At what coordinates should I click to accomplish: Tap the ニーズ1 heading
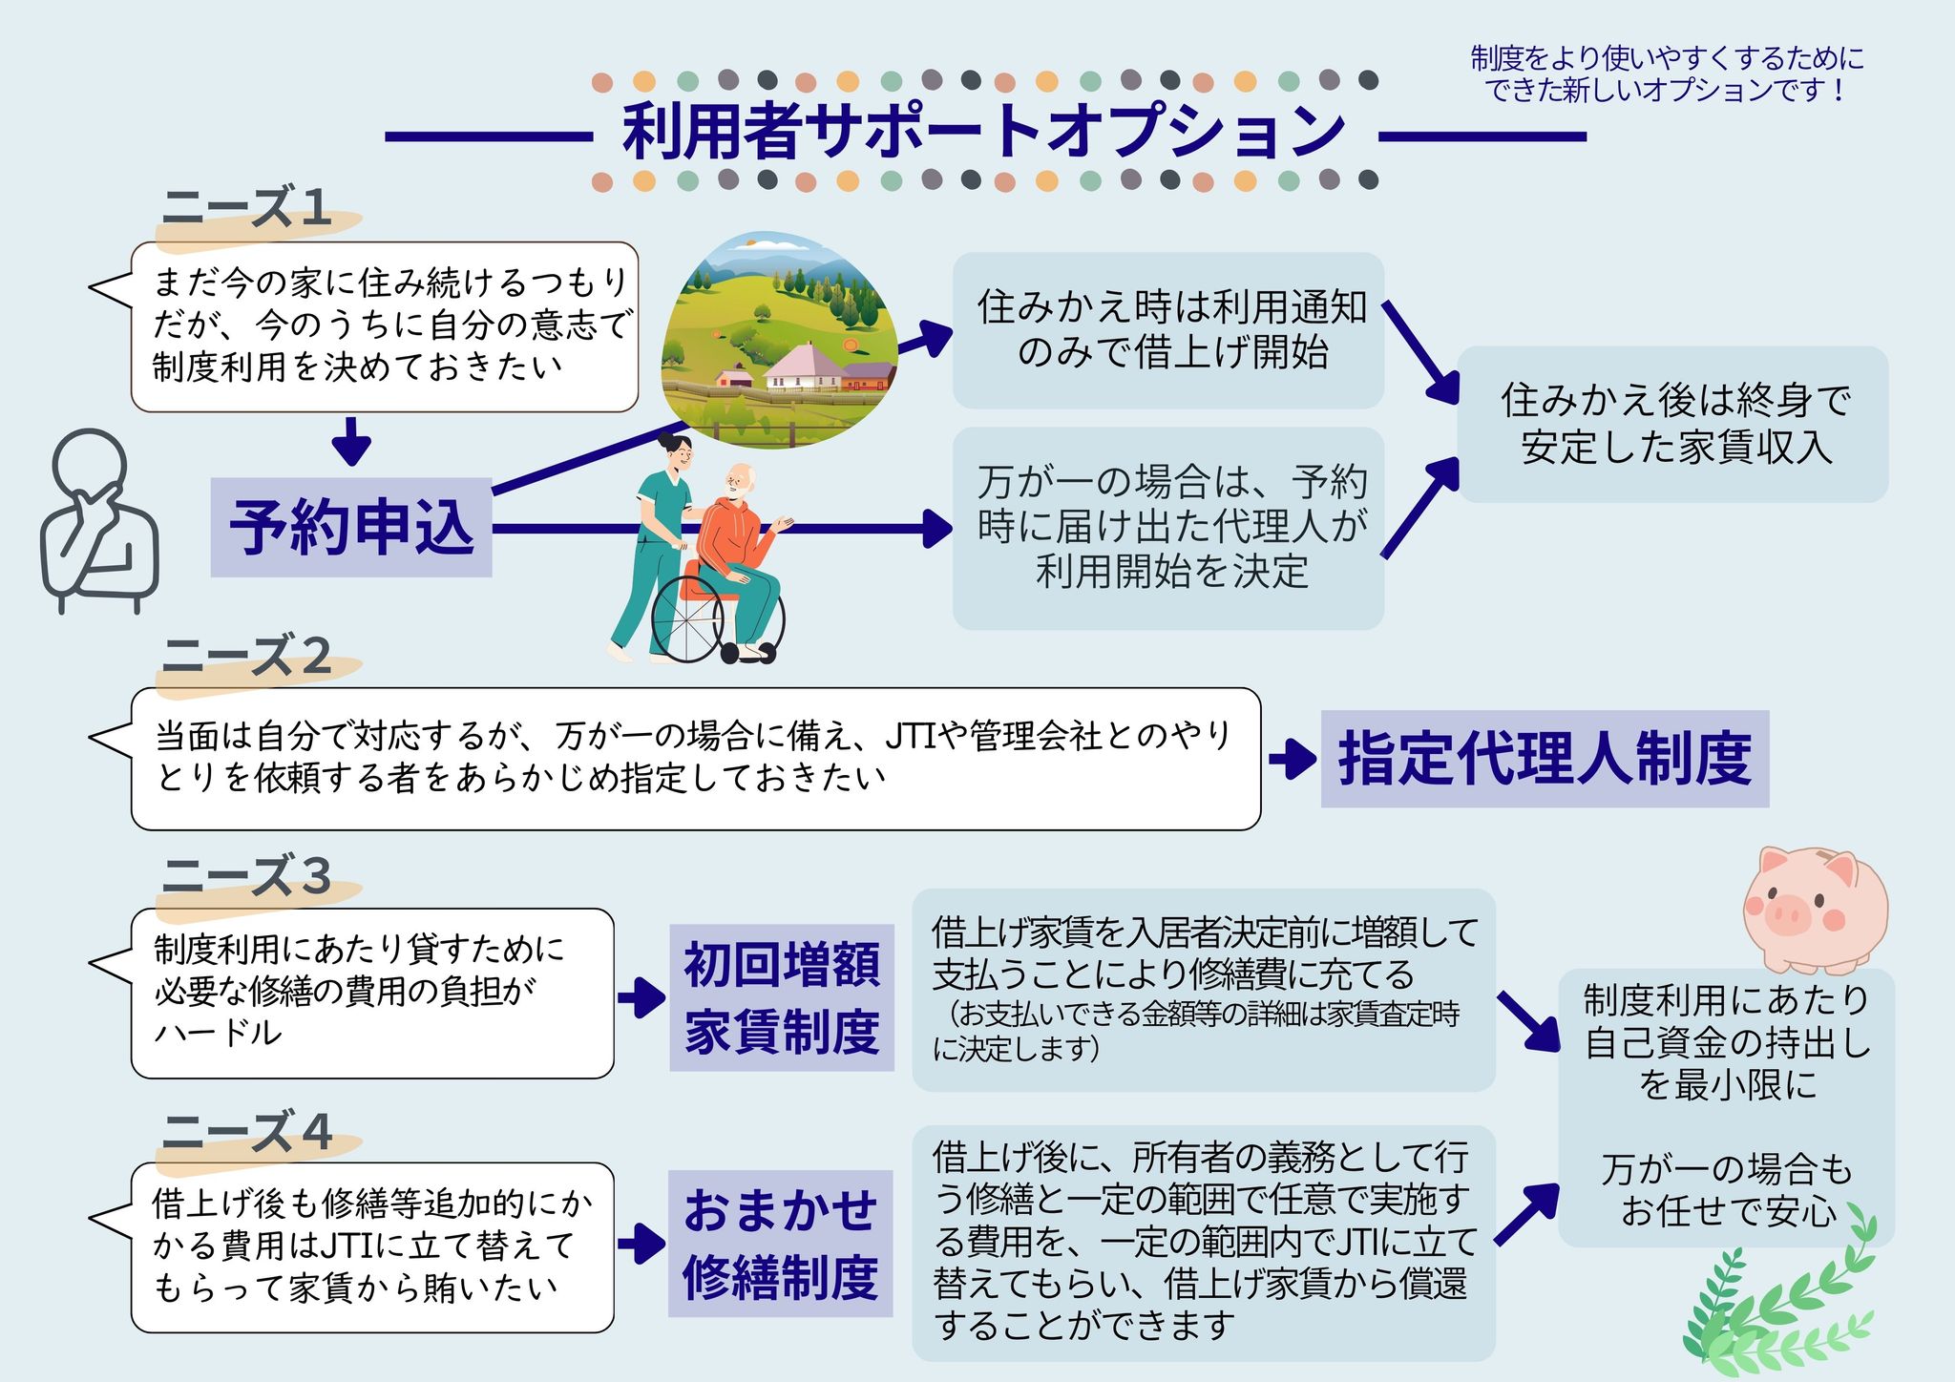click(x=246, y=207)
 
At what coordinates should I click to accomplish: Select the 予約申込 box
click(x=351, y=528)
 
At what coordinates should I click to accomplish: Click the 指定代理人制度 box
click(x=1544, y=759)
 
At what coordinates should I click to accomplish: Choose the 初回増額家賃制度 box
click(x=781, y=997)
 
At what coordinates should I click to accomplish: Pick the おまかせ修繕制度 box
click(x=780, y=1244)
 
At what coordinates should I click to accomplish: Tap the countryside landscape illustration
click(x=778, y=334)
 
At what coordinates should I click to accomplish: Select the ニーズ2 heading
click(x=246, y=657)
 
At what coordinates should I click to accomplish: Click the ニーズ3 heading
click(x=246, y=876)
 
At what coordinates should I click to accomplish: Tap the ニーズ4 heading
click(x=246, y=1132)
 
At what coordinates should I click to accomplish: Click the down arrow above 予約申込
click(x=352, y=441)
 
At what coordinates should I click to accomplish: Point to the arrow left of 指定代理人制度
click(x=1293, y=760)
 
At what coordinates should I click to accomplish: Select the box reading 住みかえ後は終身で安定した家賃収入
click(x=1672, y=424)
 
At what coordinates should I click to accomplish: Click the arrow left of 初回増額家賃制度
click(x=641, y=998)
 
